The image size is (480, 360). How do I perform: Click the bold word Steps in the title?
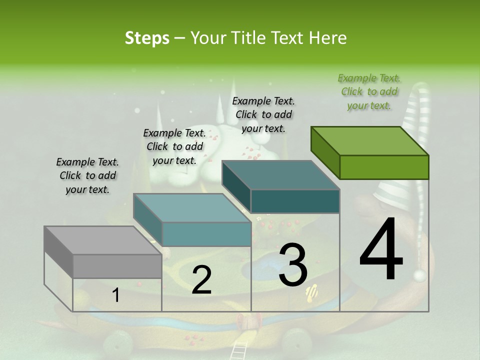pyautogui.click(x=147, y=38)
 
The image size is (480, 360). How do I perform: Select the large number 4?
pyautogui.click(x=381, y=249)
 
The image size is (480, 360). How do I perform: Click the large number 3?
pyautogui.click(x=293, y=265)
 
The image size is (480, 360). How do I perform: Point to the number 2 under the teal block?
pyautogui.click(x=201, y=280)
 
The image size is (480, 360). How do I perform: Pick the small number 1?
pyautogui.click(x=115, y=295)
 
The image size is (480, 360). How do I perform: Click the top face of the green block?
pyautogui.click(x=370, y=141)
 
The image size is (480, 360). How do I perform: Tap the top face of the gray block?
pyautogui.click(x=103, y=240)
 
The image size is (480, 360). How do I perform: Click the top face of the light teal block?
pyautogui.click(x=192, y=208)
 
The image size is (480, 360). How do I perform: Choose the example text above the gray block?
pyautogui.click(x=87, y=175)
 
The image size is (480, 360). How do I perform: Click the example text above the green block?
pyautogui.click(x=369, y=91)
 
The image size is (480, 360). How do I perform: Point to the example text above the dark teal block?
pyautogui.click(x=263, y=114)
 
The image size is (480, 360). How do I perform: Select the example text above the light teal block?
pyautogui.click(x=174, y=146)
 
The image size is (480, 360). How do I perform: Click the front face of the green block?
pyautogui.click(x=384, y=167)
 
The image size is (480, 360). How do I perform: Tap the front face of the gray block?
pyautogui.click(x=117, y=266)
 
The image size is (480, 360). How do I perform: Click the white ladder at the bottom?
pyautogui.click(x=240, y=350)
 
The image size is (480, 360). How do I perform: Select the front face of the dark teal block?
pyautogui.click(x=295, y=201)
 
